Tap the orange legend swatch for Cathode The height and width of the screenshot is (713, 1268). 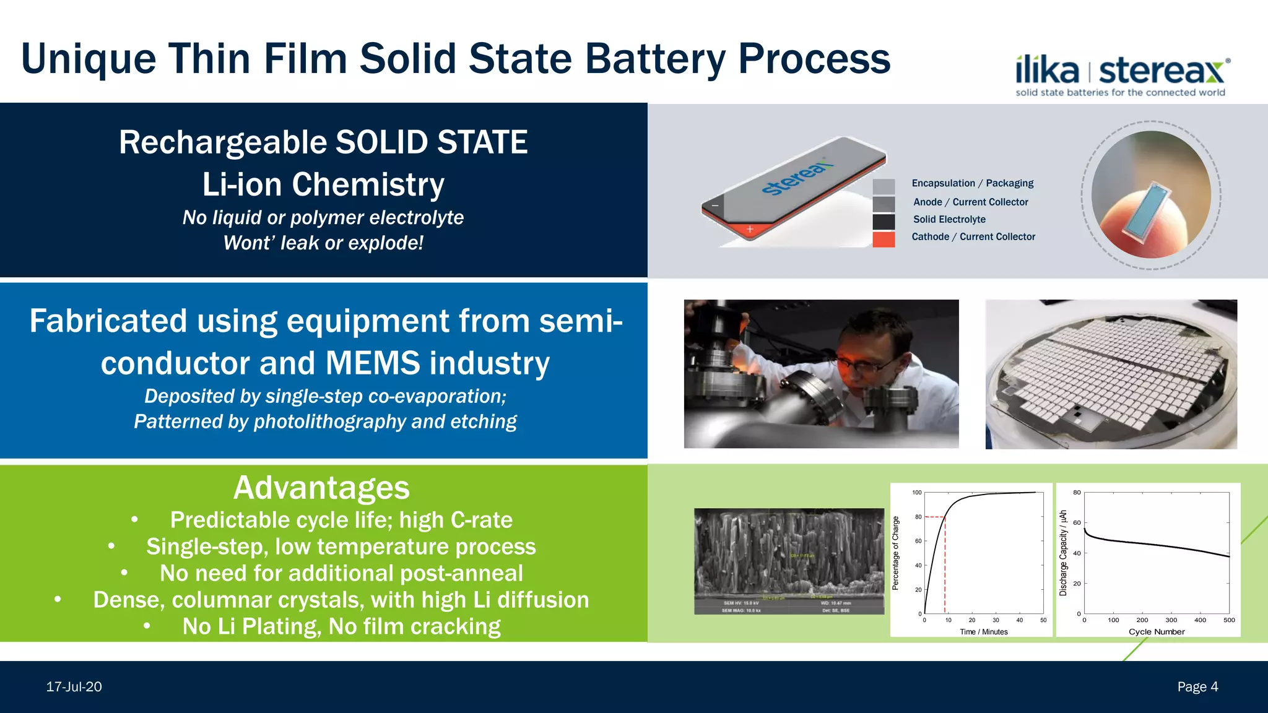click(884, 240)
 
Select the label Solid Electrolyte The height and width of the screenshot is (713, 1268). click(949, 219)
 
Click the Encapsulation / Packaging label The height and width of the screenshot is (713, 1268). click(972, 183)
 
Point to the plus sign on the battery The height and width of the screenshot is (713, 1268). click(750, 229)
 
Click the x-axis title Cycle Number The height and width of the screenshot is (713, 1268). click(1156, 632)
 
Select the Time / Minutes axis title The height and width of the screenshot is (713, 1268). click(983, 632)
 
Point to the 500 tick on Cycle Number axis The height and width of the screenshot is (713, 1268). click(1229, 620)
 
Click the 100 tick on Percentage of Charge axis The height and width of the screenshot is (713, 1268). click(917, 493)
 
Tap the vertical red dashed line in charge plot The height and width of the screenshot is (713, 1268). click(945, 569)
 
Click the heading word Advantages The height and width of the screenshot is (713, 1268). click(321, 488)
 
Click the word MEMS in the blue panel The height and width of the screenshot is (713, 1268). click(371, 363)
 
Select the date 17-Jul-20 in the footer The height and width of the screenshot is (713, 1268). click(74, 687)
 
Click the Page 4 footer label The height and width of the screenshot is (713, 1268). click(1197, 687)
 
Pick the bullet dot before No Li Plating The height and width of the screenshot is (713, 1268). click(147, 626)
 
